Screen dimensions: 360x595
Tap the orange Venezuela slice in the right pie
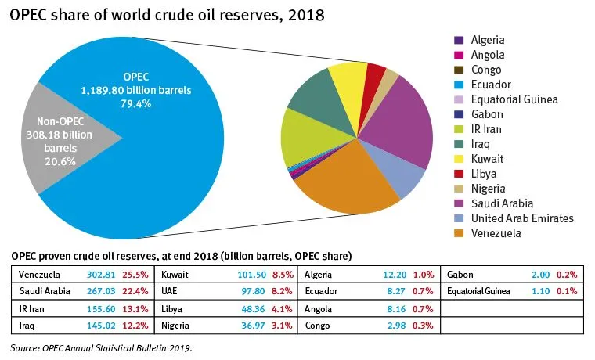(352, 180)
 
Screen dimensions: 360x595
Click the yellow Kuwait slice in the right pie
(347, 78)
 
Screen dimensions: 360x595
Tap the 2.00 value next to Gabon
(539, 275)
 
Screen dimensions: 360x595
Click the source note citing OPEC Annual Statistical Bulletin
(102, 347)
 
